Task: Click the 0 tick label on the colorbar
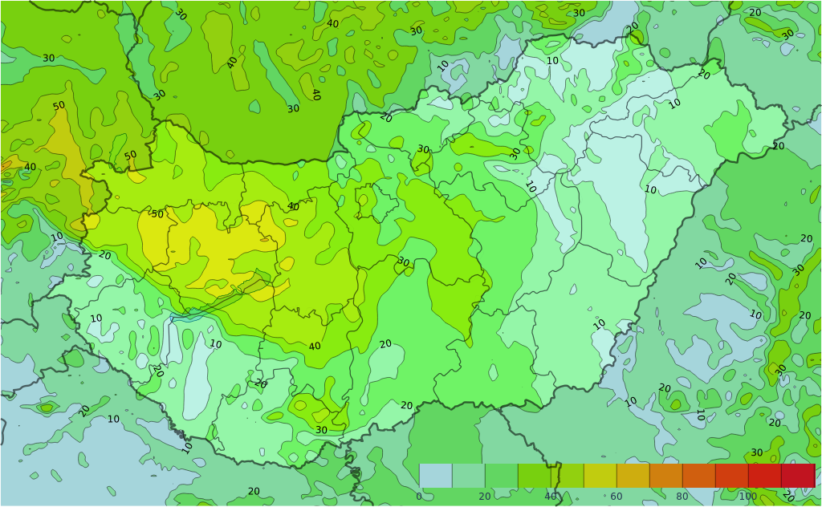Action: click(x=419, y=497)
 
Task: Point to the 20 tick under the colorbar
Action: click(x=485, y=497)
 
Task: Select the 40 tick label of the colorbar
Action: click(x=551, y=497)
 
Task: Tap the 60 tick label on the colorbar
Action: click(x=616, y=497)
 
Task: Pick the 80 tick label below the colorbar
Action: click(x=682, y=497)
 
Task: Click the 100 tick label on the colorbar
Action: click(x=747, y=497)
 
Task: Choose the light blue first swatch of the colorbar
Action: click(x=435, y=476)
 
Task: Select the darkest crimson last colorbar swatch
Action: click(x=798, y=476)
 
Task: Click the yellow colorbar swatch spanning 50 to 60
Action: click(x=600, y=476)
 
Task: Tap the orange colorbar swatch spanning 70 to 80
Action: click(x=665, y=476)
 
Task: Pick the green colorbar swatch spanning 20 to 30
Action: click(x=501, y=476)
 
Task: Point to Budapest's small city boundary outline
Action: click(x=366, y=201)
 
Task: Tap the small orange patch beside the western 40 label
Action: click(x=6, y=165)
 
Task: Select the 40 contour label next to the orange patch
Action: click(x=30, y=167)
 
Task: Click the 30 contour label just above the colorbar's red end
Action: click(x=756, y=452)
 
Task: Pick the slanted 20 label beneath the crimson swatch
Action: click(x=790, y=497)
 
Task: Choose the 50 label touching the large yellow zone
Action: click(x=157, y=214)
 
